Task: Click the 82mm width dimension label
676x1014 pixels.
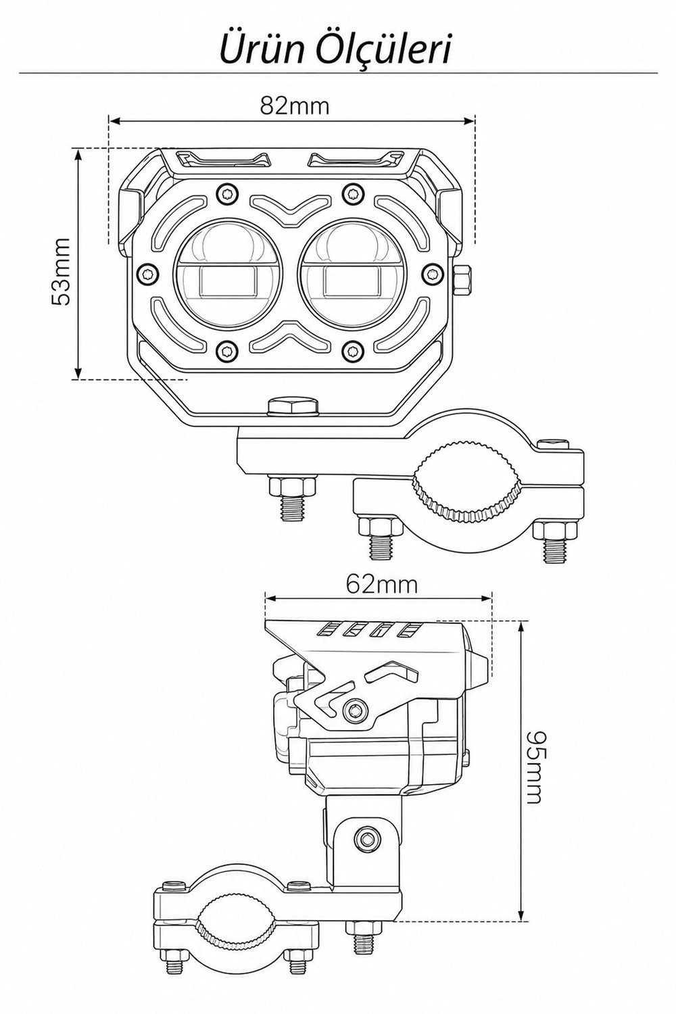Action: [x=294, y=106]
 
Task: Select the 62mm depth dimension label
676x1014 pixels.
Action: [x=381, y=585]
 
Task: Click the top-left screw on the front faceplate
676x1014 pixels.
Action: [x=227, y=194]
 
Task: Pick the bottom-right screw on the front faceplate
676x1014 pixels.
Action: [x=352, y=350]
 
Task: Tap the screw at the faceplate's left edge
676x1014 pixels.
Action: [x=147, y=273]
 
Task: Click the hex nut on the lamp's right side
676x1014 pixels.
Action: [x=462, y=281]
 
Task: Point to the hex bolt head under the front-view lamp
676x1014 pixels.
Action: [x=292, y=406]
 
